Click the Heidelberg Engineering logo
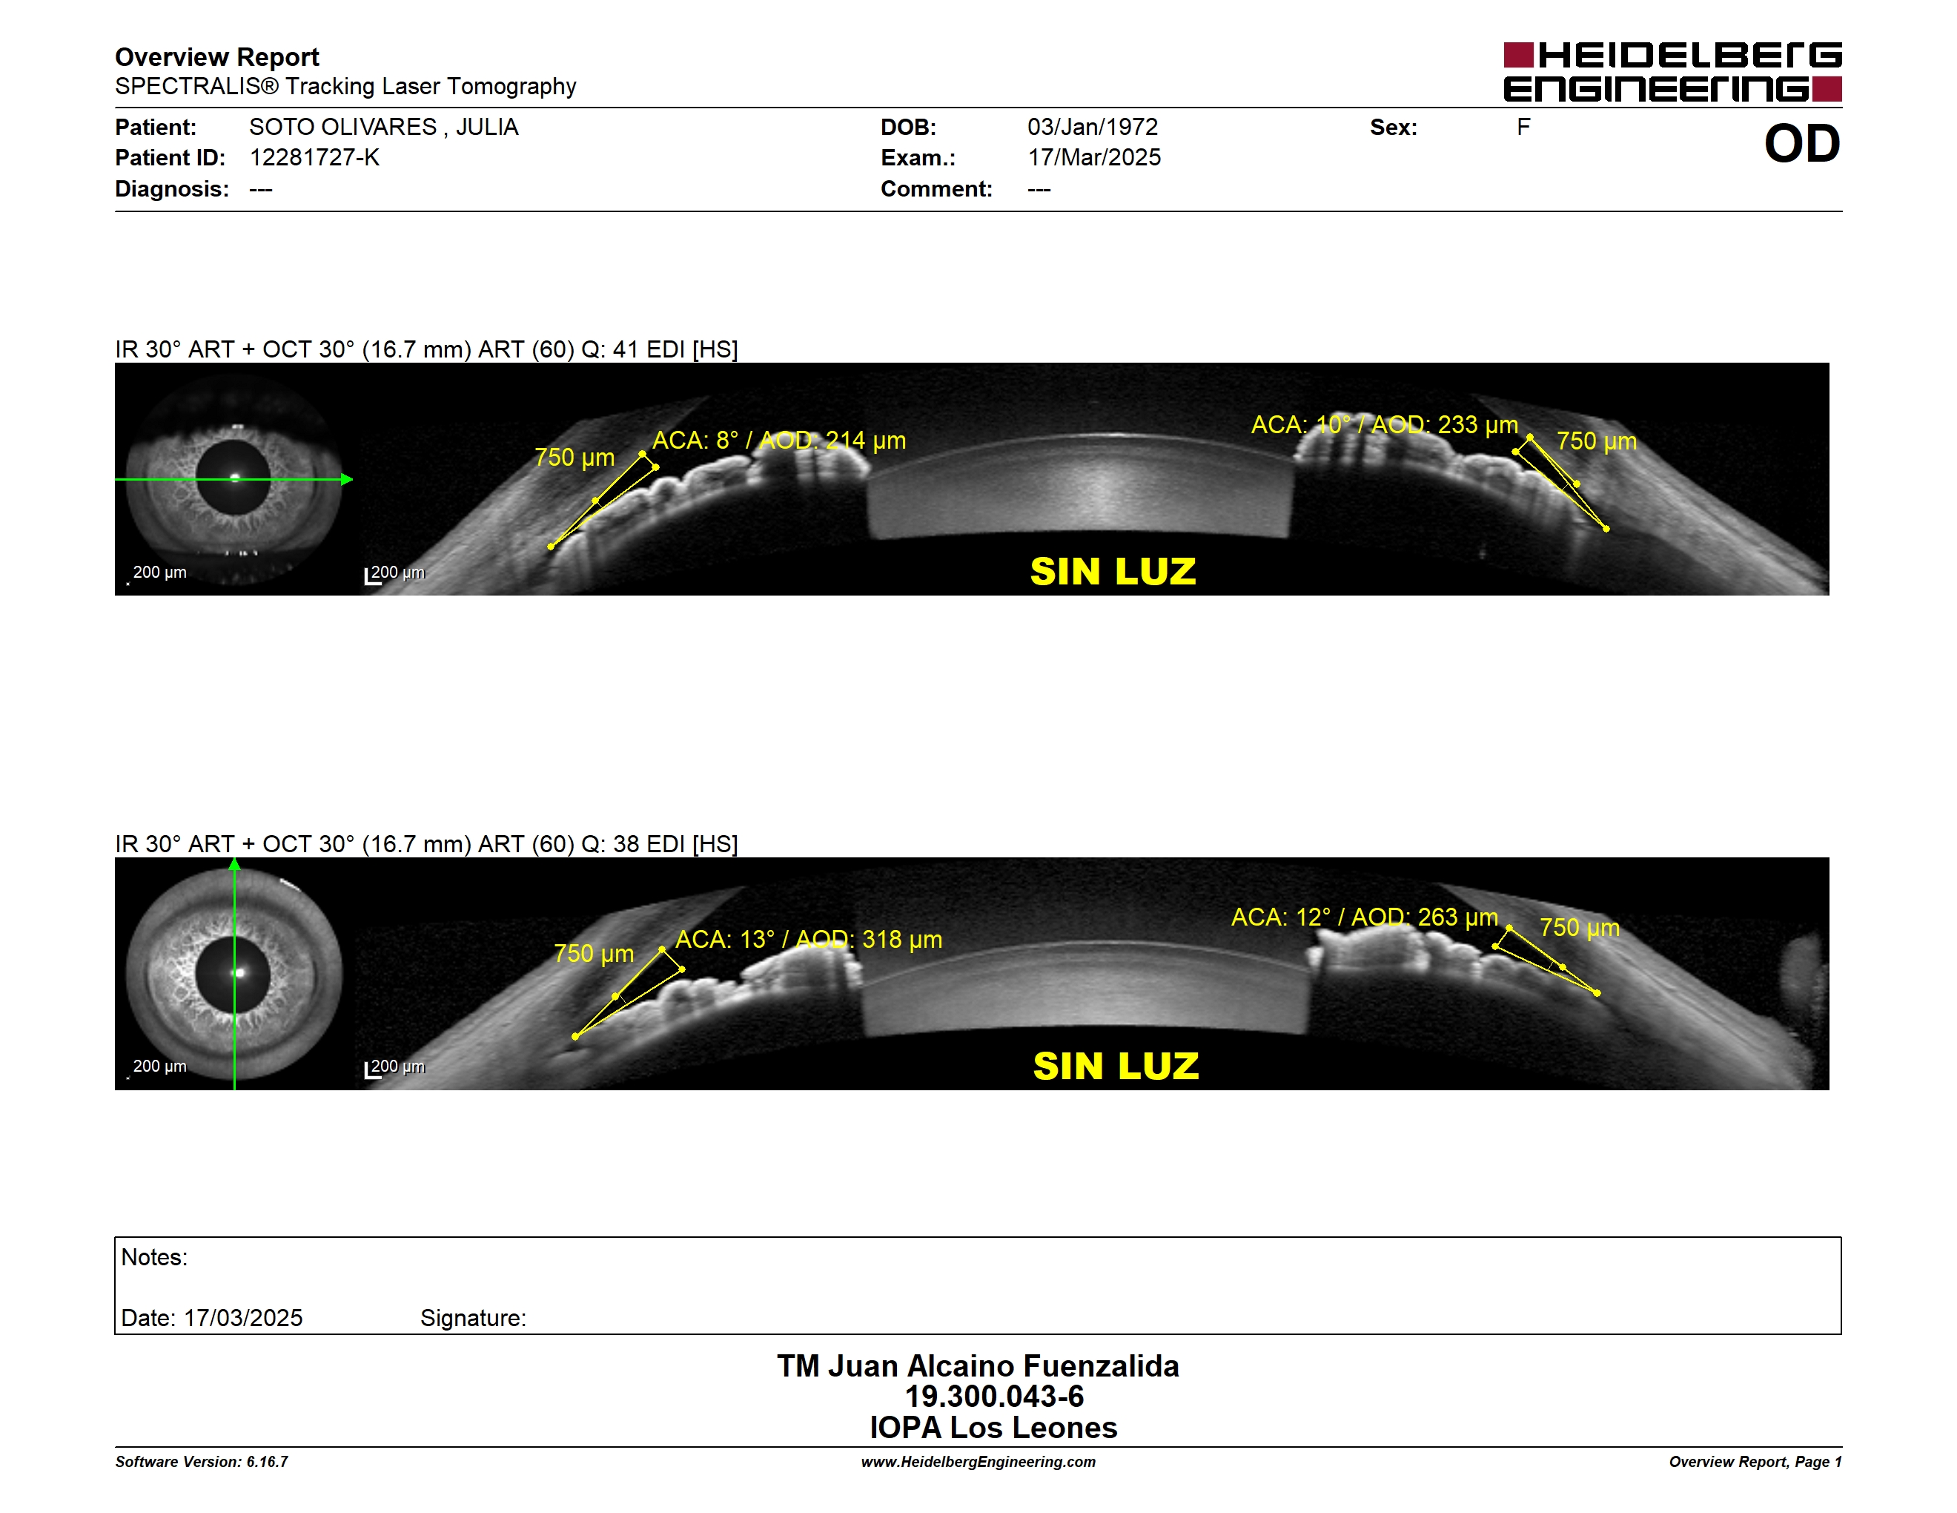[x=1672, y=72]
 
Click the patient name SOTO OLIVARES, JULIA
[x=383, y=128]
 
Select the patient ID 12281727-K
[x=314, y=158]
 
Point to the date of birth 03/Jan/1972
[x=1093, y=128]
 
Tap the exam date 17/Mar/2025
[x=1094, y=158]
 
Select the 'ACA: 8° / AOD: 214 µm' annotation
[x=778, y=440]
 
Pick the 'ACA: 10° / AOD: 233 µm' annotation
[x=1385, y=424]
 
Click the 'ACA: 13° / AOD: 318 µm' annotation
[x=808, y=940]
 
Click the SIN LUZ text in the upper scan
[x=1113, y=572]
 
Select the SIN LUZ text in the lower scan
[x=1116, y=1066]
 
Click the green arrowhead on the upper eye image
[x=347, y=480]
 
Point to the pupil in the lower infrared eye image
[x=233, y=973]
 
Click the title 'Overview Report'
[x=217, y=57]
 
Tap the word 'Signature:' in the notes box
[x=473, y=1318]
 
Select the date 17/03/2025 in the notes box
[x=243, y=1318]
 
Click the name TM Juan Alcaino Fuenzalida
[x=978, y=1365]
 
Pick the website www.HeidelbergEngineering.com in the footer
[x=978, y=1462]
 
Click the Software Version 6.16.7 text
[x=202, y=1462]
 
